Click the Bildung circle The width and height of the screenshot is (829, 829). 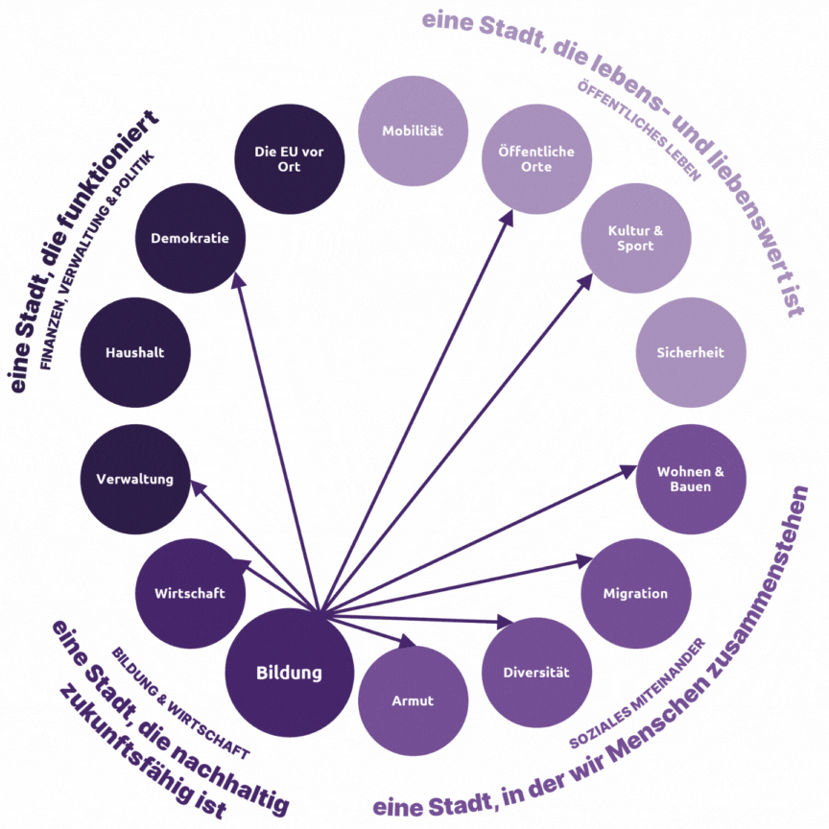point(289,673)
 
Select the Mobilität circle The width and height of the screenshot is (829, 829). point(412,131)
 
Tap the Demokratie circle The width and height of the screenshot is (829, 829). point(190,238)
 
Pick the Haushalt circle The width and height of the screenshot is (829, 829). point(134,352)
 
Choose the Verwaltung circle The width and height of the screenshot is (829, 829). point(134,479)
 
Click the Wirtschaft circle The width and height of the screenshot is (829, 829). point(190,593)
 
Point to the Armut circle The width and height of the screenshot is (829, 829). point(413,700)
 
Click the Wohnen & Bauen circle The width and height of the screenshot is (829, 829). point(691,479)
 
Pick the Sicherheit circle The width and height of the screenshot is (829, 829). point(691,352)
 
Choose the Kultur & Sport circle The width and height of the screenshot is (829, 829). point(635,239)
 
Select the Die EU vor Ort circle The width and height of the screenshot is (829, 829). point(289,159)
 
